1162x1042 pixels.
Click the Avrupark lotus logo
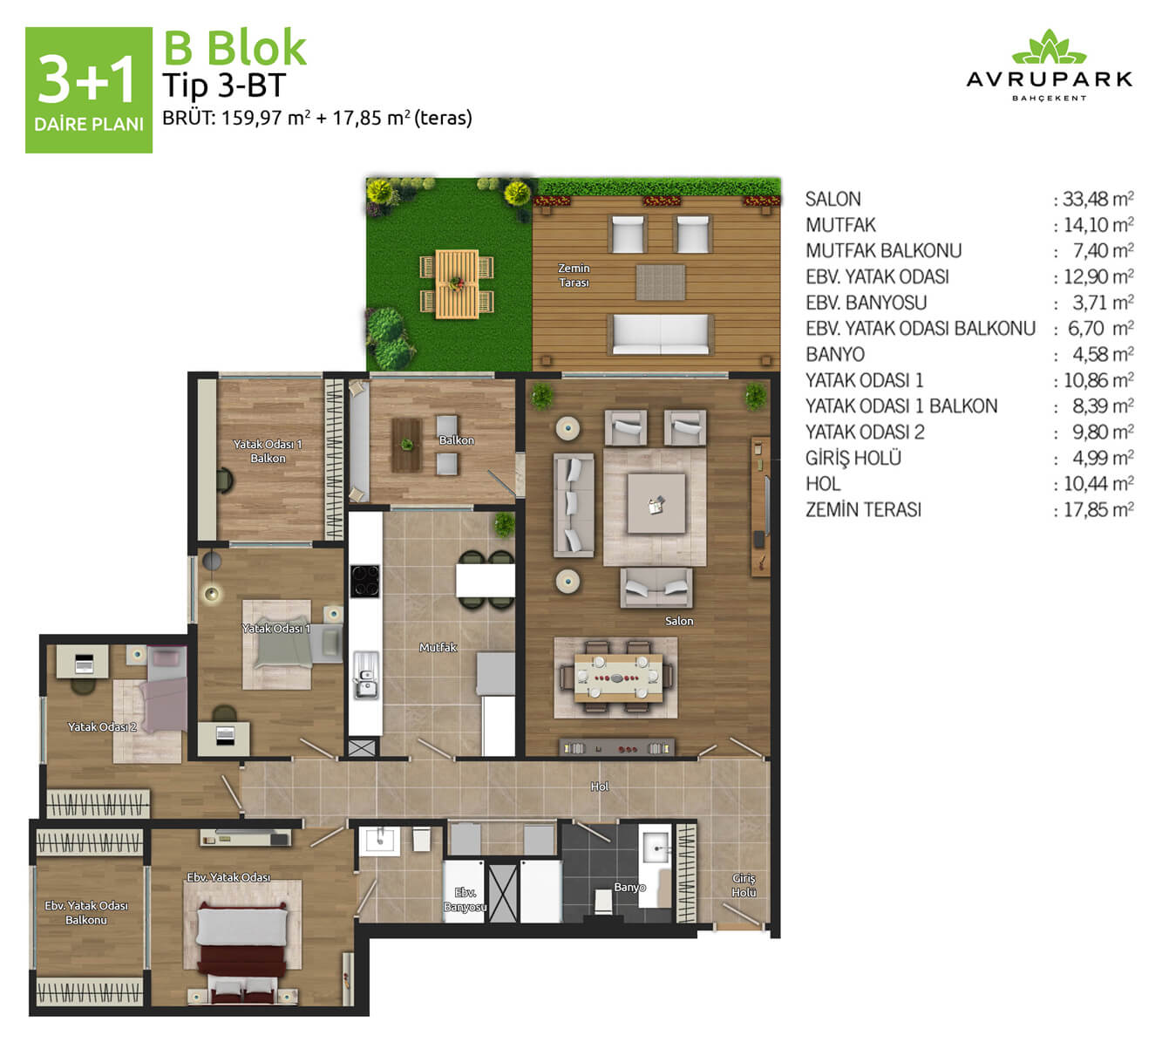coord(1049,47)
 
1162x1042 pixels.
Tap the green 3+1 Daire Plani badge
coord(89,90)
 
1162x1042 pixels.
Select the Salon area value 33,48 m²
coord(1094,199)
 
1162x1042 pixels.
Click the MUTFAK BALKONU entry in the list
coord(883,251)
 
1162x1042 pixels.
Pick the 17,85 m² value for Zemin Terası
coord(1094,509)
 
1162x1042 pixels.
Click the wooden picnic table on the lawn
coord(457,284)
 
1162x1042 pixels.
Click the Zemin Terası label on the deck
coord(574,276)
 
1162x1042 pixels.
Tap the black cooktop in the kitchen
coord(364,581)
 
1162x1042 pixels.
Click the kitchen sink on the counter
coord(365,676)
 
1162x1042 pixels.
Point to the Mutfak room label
coord(438,647)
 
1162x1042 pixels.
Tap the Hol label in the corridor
coord(600,787)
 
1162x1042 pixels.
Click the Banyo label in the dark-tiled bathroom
coord(629,887)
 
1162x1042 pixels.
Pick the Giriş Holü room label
coord(744,885)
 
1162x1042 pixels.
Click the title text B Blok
coord(235,48)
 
